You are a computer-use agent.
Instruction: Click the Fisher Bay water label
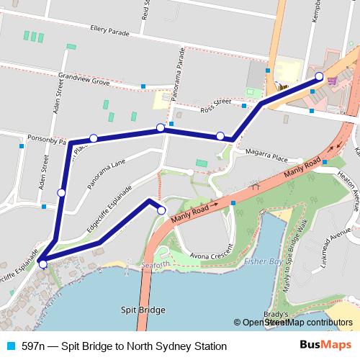point(261,261)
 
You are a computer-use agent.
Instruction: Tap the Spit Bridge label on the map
point(143,310)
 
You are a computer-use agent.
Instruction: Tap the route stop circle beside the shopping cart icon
point(320,76)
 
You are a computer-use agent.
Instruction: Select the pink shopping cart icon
point(331,81)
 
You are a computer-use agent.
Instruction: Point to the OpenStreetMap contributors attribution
point(295,323)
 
